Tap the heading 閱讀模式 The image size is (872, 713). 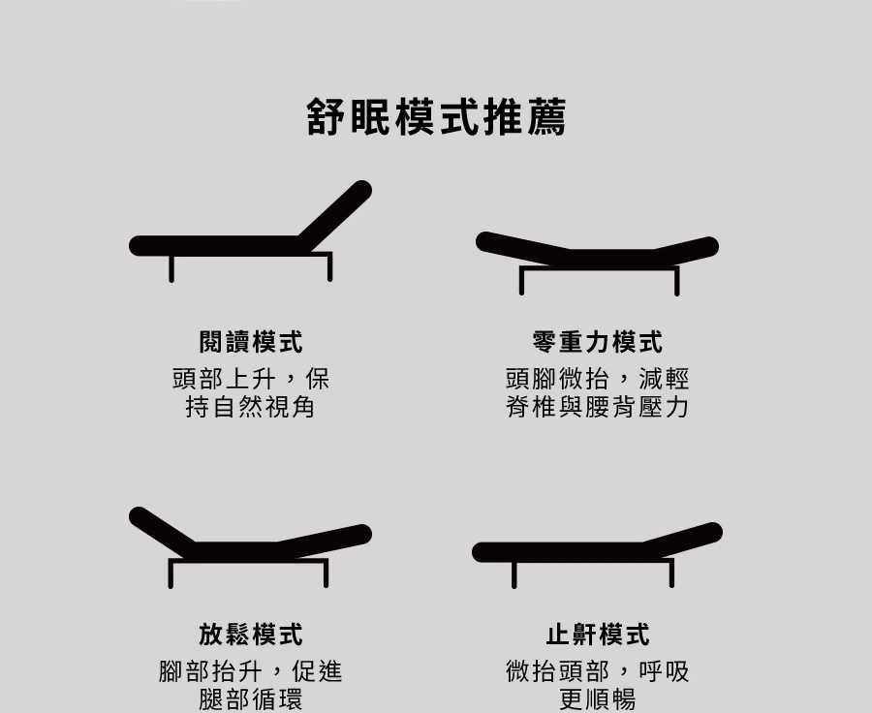(251, 342)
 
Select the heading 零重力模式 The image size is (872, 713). (598, 342)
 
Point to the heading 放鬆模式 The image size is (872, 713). (251, 635)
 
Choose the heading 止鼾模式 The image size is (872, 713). (598, 635)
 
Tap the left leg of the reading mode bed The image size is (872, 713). (171, 267)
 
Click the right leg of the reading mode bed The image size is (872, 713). (329, 266)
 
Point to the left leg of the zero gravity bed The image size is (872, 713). (522, 281)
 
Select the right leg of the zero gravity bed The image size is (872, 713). (675, 281)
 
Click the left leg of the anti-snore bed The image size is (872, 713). (514, 574)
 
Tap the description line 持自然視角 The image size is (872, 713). (251, 407)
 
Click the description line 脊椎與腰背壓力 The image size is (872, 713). (598, 407)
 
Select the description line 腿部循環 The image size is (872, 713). (251, 699)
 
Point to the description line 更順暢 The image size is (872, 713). (598, 699)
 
